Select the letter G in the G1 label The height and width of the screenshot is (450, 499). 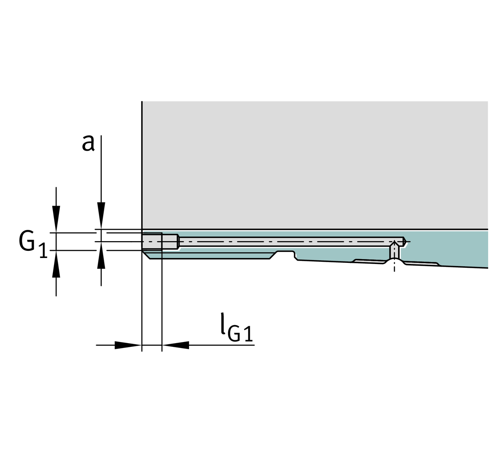point(27,241)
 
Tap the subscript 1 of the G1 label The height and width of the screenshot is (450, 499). point(44,250)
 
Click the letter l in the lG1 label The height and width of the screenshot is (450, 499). point(223,323)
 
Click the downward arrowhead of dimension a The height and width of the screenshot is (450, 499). point(101,216)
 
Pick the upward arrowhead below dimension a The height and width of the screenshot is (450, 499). point(101,255)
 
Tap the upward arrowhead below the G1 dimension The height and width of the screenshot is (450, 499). point(56,264)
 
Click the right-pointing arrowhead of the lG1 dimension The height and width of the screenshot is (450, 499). point(128,345)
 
